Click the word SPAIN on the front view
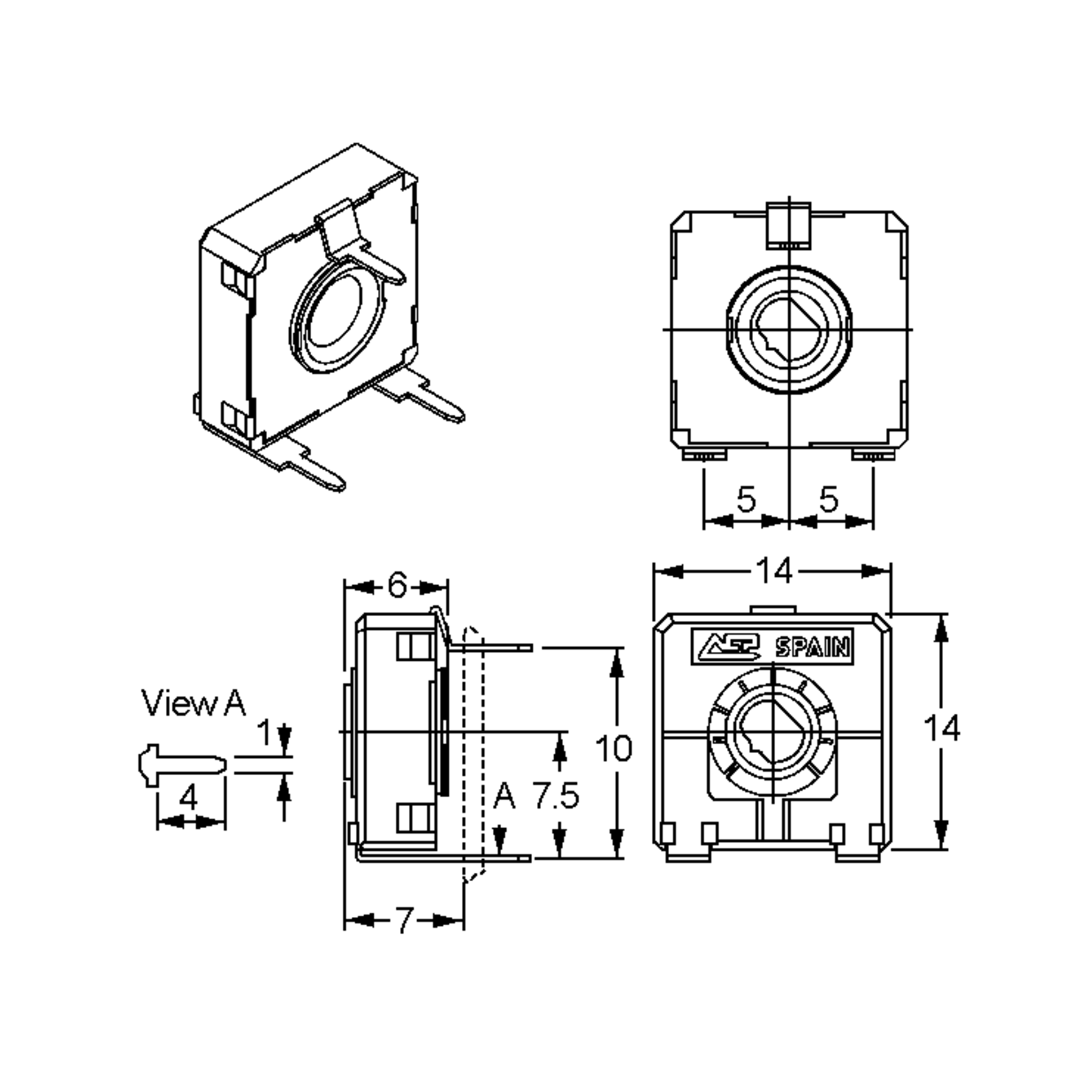pos(813,647)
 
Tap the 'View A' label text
pos(193,703)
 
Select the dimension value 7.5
pos(556,795)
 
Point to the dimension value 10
pos(614,748)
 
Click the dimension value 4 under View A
pos(189,798)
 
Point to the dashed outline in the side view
pos(474,753)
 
